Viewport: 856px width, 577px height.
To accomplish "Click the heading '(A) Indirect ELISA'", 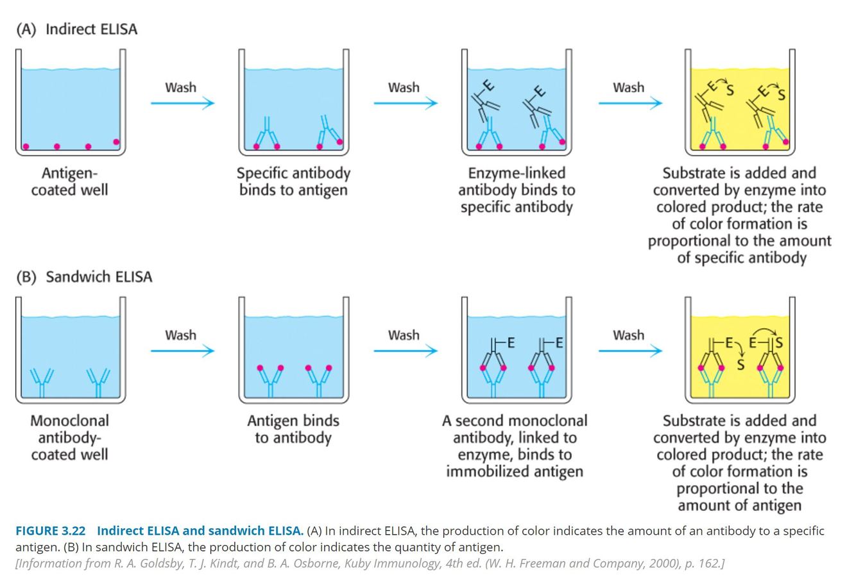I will [76, 29].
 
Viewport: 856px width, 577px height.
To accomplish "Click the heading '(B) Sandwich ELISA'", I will [84, 277].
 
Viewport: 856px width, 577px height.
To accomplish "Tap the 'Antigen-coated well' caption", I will [69, 181].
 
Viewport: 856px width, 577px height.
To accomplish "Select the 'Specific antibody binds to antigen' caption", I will [293, 181].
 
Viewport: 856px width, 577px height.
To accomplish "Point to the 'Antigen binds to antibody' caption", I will [293, 429].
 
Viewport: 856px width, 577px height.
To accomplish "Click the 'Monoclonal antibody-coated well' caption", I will [69, 437].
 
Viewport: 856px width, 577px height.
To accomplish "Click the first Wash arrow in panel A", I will [182, 103].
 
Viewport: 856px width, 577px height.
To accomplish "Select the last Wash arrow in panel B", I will [629, 350].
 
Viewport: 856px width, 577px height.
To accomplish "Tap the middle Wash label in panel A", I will [404, 87].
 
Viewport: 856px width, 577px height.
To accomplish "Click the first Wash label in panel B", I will [180, 335].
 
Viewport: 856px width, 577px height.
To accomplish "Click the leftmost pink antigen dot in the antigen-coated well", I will [26, 147].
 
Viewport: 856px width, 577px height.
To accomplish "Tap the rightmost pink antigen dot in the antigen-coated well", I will [116, 142].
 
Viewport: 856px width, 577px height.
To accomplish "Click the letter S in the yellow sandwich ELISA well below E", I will [740, 365].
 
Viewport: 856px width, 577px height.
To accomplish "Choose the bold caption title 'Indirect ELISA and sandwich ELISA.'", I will [200, 531].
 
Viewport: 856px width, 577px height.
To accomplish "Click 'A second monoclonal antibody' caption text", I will [515, 421].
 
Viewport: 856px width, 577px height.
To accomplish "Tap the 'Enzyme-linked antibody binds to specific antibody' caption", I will [517, 190].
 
